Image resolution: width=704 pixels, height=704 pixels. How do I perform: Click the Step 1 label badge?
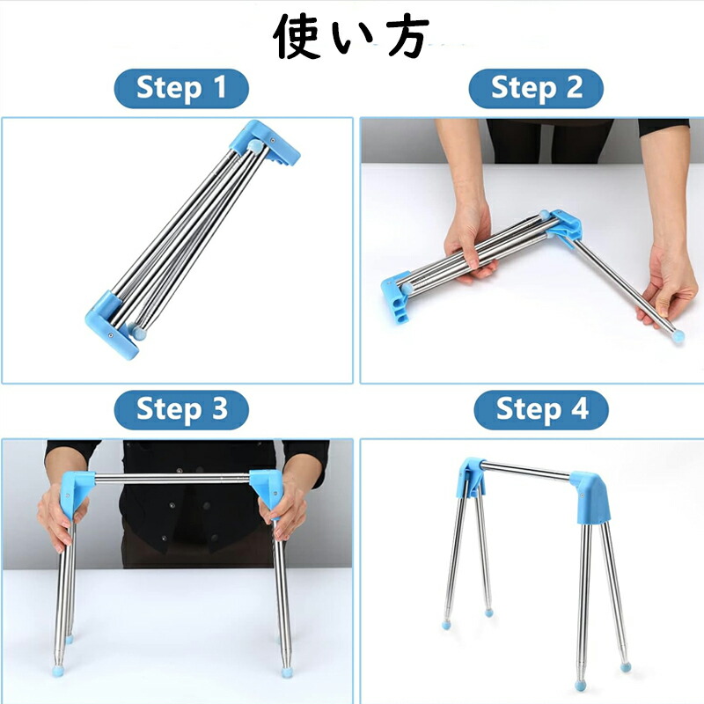click(x=181, y=88)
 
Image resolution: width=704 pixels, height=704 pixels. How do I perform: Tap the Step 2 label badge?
click(x=536, y=88)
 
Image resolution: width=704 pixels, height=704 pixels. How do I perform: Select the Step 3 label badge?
click(x=181, y=409)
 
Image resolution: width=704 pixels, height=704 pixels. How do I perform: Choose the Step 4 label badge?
click(x=541, y=409)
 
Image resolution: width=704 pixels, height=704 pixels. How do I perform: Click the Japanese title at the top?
click(x=351, y=38)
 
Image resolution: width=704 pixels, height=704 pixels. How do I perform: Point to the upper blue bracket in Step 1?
click(x=266, y=143)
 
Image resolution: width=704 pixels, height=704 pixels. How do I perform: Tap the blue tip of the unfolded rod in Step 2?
click(x=678, y=336)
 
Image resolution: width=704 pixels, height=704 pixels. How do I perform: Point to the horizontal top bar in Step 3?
click(x=172, y=479)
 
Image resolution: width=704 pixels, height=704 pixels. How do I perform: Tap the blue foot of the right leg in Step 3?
click(x=285, y=671)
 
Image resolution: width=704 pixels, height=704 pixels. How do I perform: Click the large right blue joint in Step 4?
click(x=590, y=497)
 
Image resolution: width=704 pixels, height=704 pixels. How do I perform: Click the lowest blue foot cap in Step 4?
click(x=580, y=686)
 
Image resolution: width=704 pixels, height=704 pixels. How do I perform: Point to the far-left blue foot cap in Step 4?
click(x=447, y=624)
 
